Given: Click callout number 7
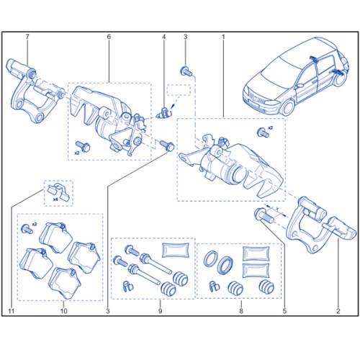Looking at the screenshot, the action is (x=27, y=37).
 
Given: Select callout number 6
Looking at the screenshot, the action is (x=109, y=37).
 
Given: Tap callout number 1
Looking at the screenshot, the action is (x=223, y=37).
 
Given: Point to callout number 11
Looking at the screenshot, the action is (x=12, y=311).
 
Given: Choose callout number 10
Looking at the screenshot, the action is (x=63, y=311).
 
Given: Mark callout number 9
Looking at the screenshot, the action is (x=160, y=311).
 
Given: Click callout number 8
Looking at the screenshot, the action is (x=241, y=311).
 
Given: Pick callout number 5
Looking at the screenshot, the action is (x=284, y=311).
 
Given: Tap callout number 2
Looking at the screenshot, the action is (x=338, y=311).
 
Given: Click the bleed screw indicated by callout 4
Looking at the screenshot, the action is (x=163, y=113).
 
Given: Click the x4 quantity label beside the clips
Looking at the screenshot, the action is (x=55, y=199).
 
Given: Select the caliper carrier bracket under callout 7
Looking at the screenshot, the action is (x=34, y=91).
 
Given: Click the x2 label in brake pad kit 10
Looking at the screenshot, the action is (x=35, y=224).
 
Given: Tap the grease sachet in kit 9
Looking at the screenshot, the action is (x=176, y=250).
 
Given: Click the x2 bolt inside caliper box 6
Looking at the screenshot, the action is (x=83, y=146).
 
